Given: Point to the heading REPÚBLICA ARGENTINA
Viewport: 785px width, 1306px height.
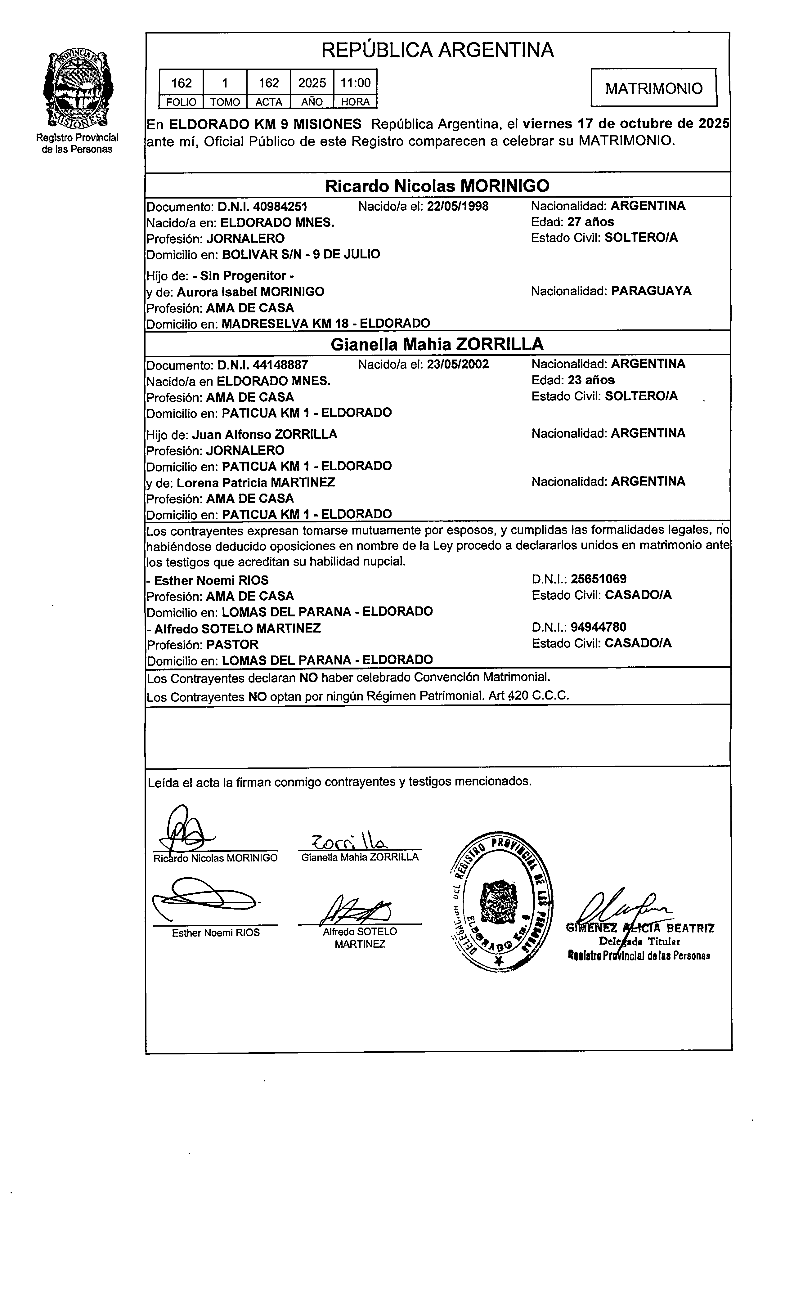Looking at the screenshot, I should click(x=437, y=50).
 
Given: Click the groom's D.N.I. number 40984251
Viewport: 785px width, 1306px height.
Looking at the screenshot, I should click(x=280, y=206).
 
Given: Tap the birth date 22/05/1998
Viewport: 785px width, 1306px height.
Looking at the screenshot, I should click(x=458, y=206).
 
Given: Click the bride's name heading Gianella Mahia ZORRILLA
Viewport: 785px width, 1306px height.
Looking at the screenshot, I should click(x=437, y=344).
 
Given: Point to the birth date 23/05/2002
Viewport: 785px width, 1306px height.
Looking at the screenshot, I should click(x=458, y=364).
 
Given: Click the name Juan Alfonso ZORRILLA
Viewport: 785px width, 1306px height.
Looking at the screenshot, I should click(x=264, y=434).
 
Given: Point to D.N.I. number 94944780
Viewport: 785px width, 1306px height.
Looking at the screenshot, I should click(x=598, y=627).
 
